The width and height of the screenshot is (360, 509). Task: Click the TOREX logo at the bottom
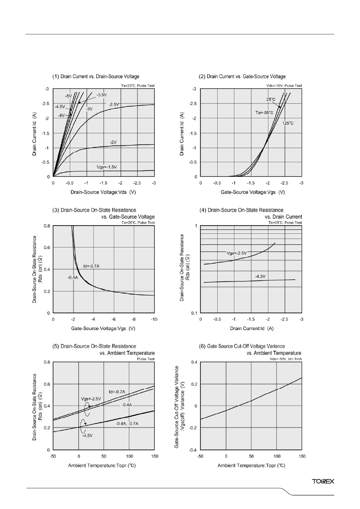(x=323, y=481)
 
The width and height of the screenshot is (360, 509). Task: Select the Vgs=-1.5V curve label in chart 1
(x=107, y=167)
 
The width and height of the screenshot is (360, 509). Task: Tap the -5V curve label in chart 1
(x=68, y=96)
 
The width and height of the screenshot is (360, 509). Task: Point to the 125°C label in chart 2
(x=287, y=123)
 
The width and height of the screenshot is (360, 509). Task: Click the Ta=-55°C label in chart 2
(x=264, y=113)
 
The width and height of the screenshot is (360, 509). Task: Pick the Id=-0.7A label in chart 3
(x=91, y=266)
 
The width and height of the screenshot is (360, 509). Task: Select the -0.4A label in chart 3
(x=73, y=277)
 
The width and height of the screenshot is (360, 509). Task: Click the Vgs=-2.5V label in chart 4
(x=237, y=253)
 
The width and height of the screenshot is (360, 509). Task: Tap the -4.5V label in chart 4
(x=260, y=276)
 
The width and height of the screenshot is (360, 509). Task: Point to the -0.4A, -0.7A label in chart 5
(x=127, y=424)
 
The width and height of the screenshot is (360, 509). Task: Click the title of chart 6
(x=250, y=349)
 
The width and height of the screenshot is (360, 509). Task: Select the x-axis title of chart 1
(x=103, y=192)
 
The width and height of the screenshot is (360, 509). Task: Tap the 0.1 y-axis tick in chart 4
(x=194, y=313)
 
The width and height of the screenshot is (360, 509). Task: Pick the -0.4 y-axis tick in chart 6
(x=193, y=450)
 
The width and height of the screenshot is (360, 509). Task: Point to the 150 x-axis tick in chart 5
(x=155, y=456)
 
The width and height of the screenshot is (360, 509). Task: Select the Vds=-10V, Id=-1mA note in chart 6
(x=286, y=359)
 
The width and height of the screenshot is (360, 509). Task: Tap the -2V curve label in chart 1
(x=112, y=142)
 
